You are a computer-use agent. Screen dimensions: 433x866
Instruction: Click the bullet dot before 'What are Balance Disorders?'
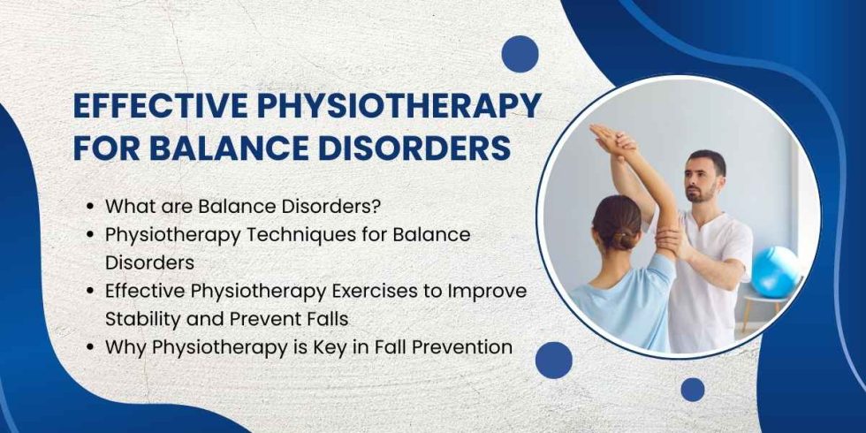[91, 208]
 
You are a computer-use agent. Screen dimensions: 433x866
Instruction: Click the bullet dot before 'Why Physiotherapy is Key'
[91, 348]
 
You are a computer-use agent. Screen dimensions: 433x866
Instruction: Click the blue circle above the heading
[520, 54]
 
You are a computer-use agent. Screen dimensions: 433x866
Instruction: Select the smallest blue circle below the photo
[693, 390]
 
